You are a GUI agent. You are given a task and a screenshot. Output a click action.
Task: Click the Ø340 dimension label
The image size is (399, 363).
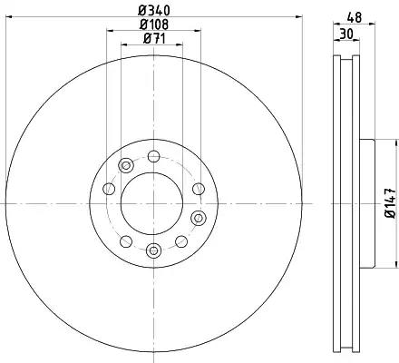(x=154, y=11)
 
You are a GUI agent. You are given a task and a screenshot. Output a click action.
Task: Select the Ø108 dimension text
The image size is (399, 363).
(x=154, y=25)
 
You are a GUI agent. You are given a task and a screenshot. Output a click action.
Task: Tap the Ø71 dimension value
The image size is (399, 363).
(x=154, y=38)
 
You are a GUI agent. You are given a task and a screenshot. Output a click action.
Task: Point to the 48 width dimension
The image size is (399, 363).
(x=354, y=17)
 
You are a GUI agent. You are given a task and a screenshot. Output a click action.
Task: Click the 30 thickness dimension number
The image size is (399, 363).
(x=346, y=34)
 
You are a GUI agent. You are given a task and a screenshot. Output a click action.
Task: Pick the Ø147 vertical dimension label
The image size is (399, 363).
(x=390, y=203)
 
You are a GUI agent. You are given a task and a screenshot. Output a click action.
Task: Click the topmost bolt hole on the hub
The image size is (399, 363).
(x=153, y=156)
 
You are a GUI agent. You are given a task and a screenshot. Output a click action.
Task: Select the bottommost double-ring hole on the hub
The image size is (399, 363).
(x=153, y=250)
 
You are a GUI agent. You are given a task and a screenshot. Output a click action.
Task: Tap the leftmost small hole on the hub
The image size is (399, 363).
(x=109, y=189)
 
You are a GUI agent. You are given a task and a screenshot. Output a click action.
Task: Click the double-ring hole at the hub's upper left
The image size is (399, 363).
(x=126, y=165)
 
